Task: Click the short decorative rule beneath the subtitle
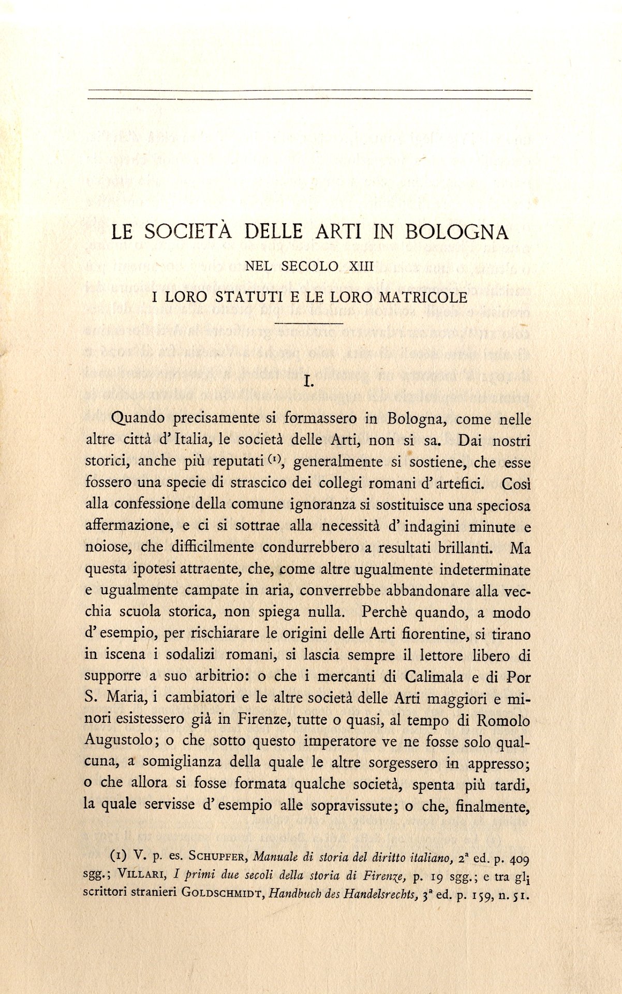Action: pyautogui.click(x=310, y=324)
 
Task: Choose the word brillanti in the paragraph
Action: pyautogui.click(x=467, y=547)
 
